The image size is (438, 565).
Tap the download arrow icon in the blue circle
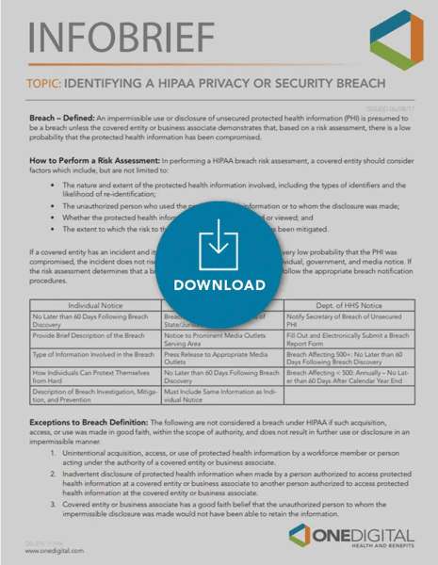coord(218,247)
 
